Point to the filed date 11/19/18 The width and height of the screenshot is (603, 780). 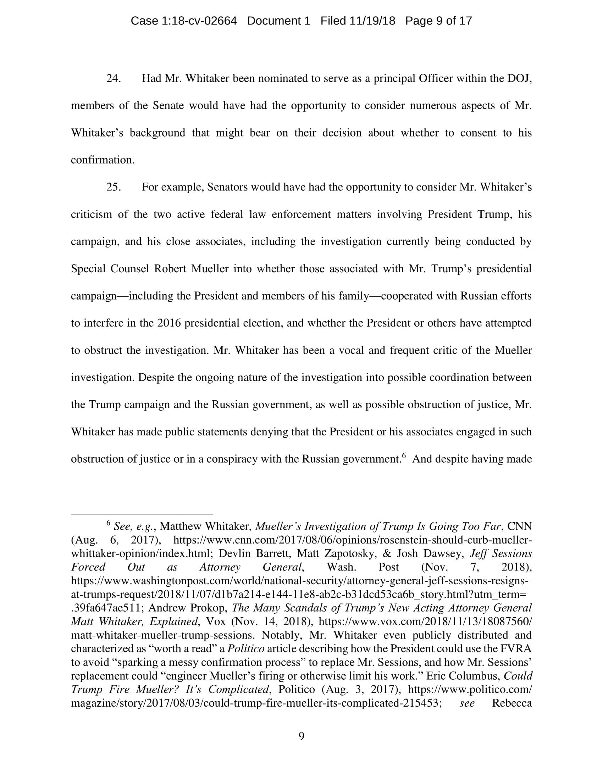372,21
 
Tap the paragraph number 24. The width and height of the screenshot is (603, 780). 113,78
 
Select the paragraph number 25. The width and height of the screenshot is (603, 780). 113,187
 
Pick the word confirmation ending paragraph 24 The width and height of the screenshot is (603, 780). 102,160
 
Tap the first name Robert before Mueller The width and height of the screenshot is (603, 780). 170,268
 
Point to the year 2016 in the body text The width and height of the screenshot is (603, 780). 169,323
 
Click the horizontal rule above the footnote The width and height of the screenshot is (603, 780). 142,514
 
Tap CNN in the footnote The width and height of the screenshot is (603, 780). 519,526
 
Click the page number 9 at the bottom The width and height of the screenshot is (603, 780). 301,736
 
